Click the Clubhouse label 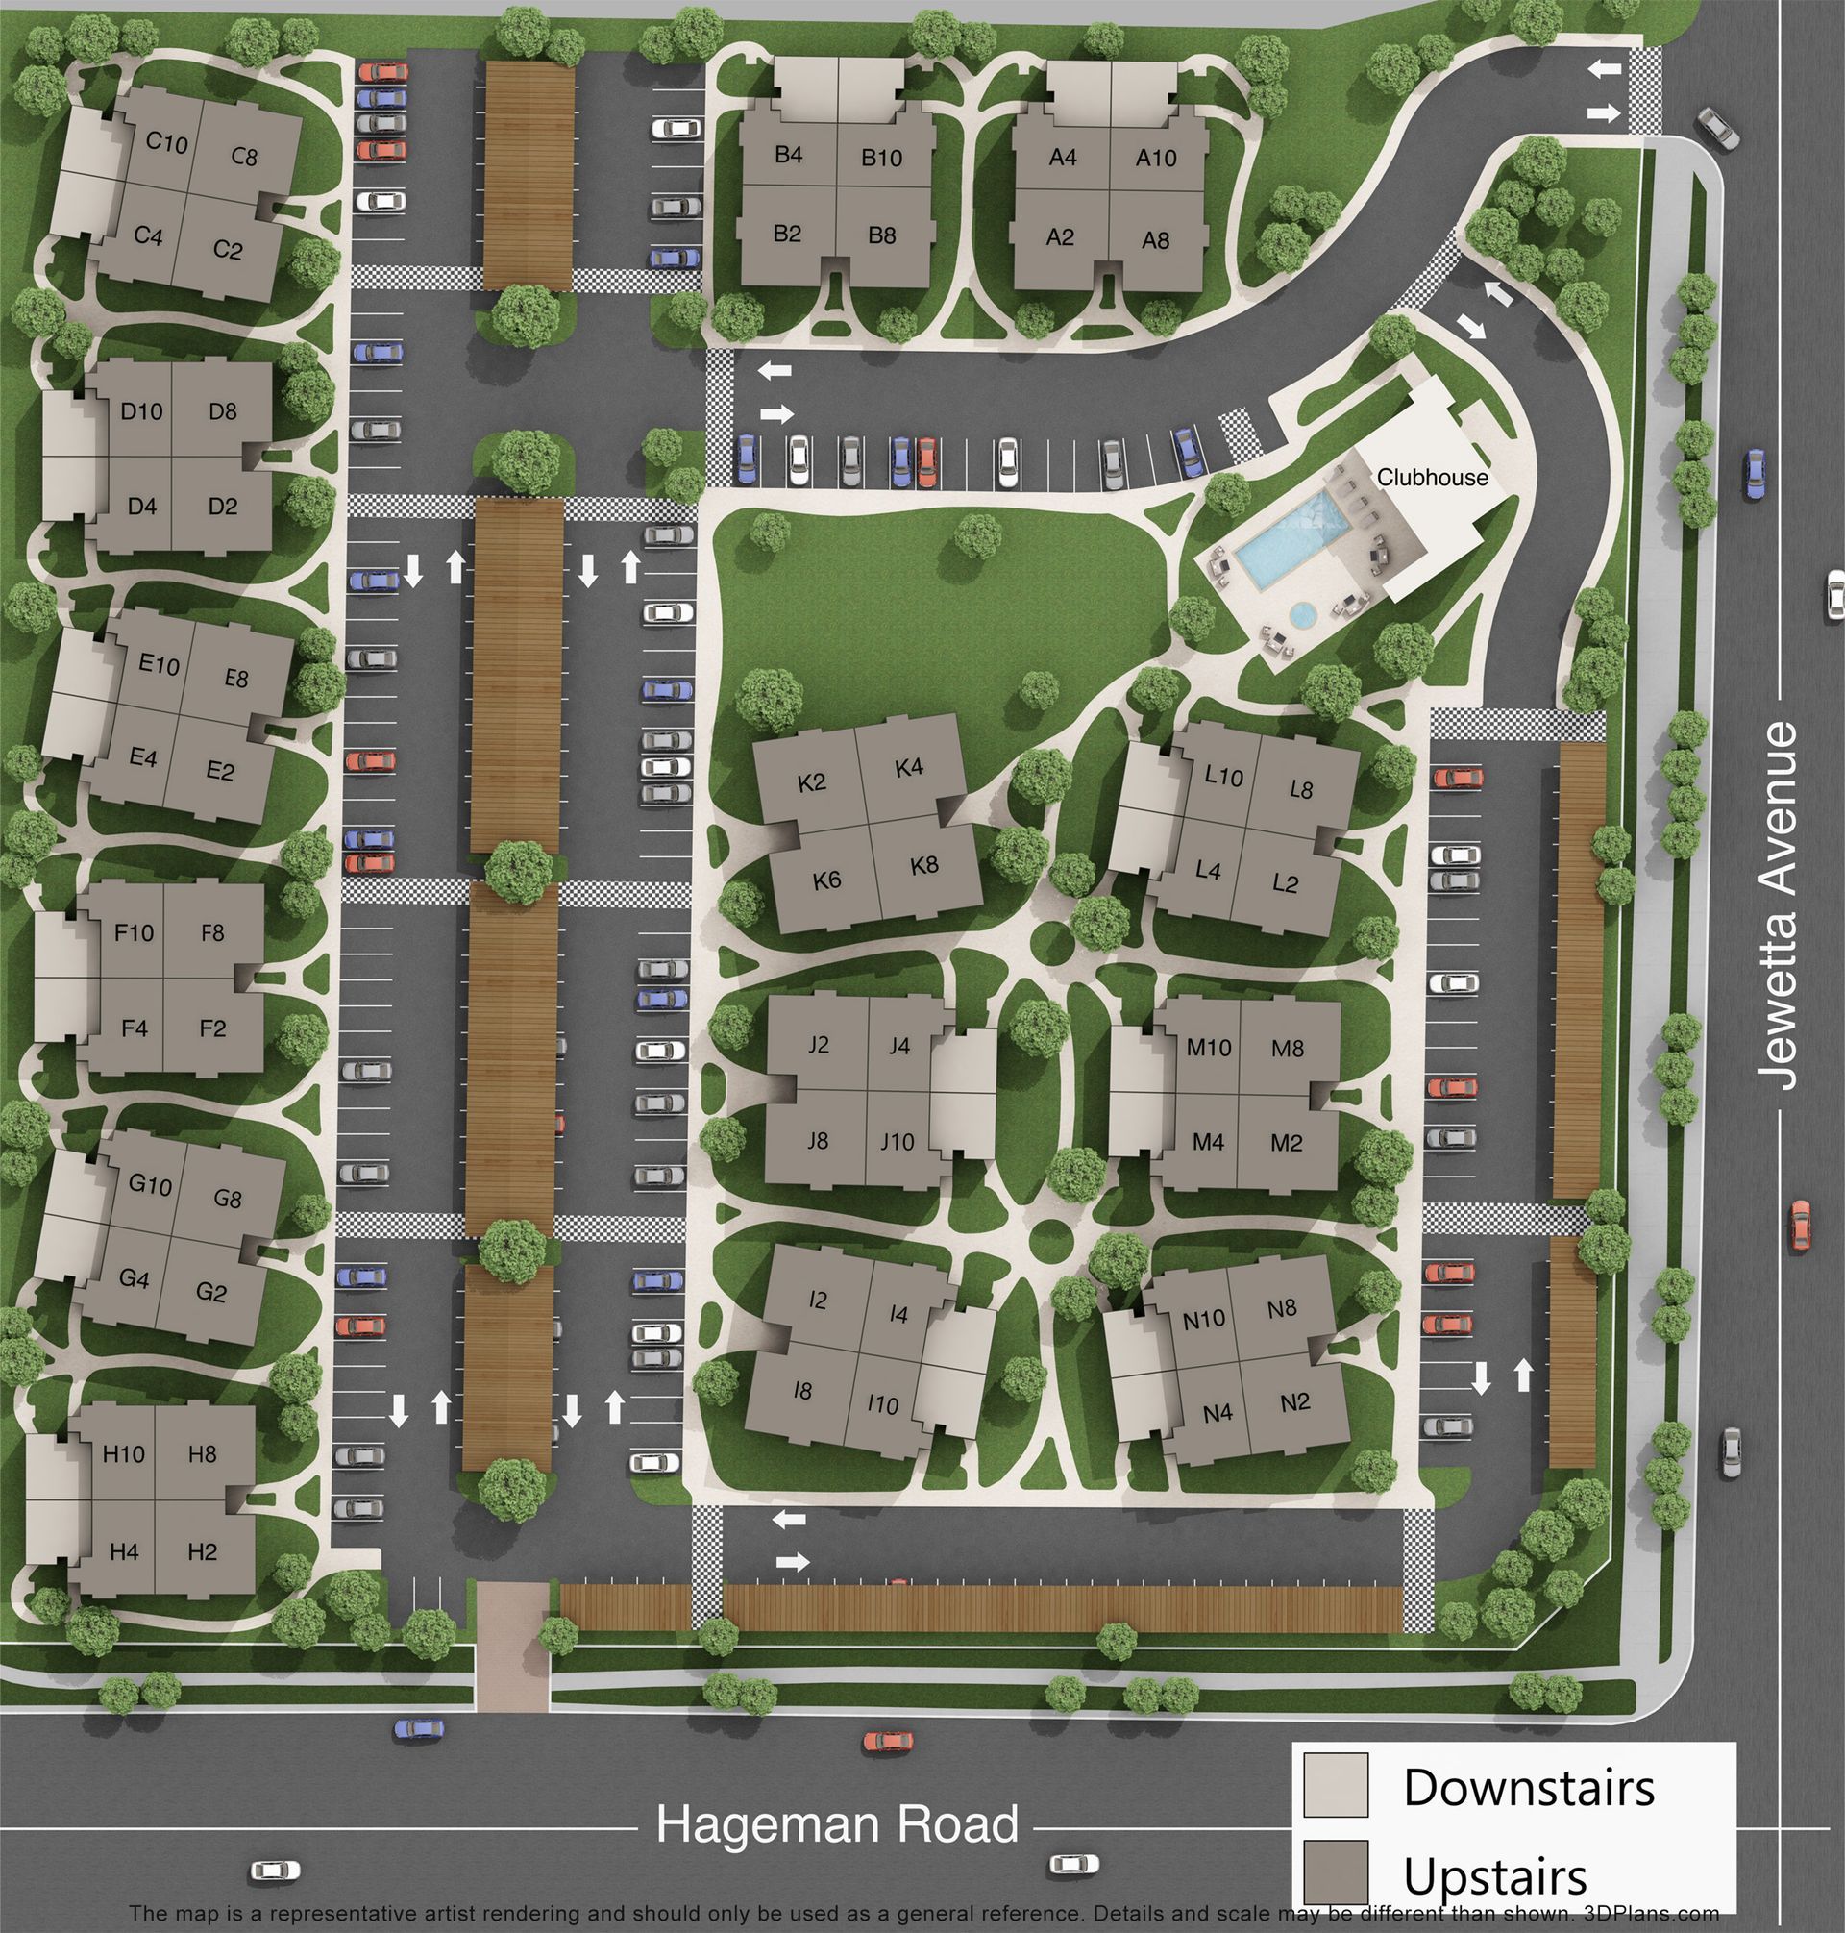[1432, 478]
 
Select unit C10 [166, 142]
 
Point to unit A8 [1156, 239]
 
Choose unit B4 [789, 155]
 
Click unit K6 [827, 880]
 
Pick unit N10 [1204, 1319]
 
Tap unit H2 [202, 1552]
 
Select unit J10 [897, 1142]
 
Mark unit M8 [1288, 1049]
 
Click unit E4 [143, 757]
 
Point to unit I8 [802, 1391]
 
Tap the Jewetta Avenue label [1782, 906]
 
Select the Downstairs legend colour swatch [1336, 1784]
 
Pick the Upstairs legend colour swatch [1336, 1872]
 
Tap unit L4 [1208, 871]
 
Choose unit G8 [227, 1200]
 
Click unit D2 [223, 507]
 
